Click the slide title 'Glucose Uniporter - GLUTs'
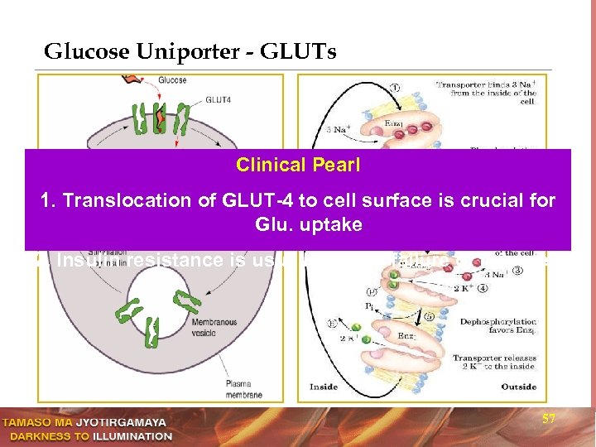point(190,52)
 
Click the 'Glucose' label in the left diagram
point(171,80)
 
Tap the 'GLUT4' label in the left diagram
point(213,96)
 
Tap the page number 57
point(548,420)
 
